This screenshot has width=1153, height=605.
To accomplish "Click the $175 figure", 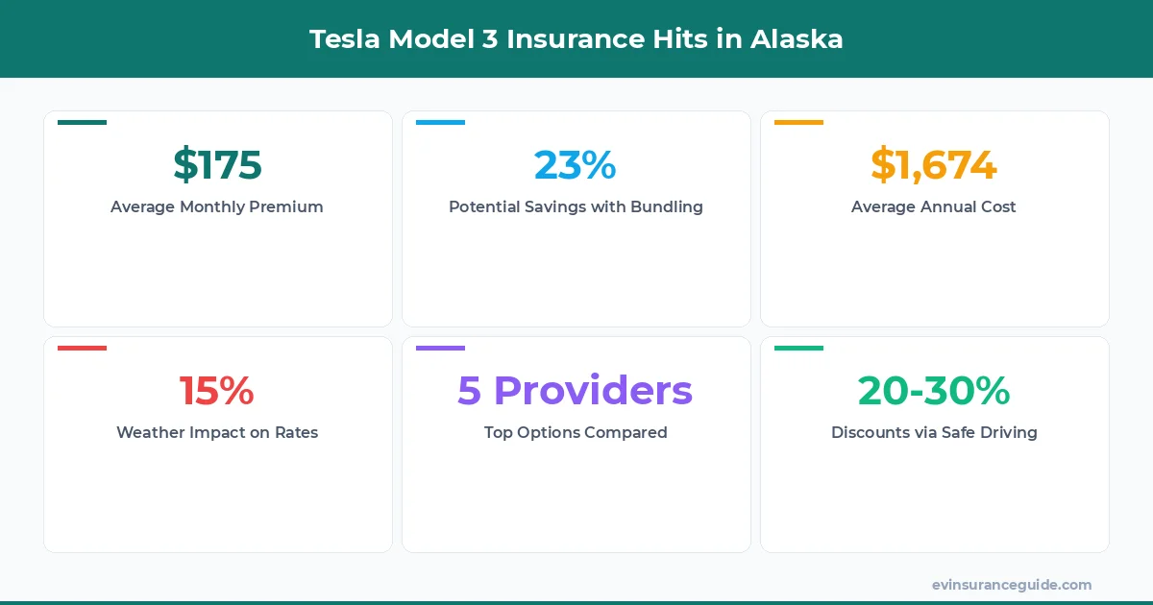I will pyautogui.click(x=217, y=165).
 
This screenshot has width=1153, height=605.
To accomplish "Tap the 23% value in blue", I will pyautogui.click(x=575, y=165).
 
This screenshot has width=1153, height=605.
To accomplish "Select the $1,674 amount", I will pyautogui.click(x=933, y=165).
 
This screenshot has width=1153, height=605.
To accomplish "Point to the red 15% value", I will pyautogui.click(x=217, y=391).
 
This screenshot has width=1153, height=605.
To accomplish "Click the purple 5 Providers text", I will pyautogui.click(x=575, y=391).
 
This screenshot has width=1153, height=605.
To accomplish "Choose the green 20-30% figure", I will pyautogui.click(x=933, y=391).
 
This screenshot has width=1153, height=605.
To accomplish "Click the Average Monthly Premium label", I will pyautogui.click(x=217, y=206).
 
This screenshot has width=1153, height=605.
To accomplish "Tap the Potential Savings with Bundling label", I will pyautogui.click(x=576, y=206).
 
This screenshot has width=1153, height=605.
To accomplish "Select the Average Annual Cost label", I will pyautogui.click(x=933, y=206).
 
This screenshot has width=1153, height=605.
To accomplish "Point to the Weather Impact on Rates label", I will pyautogui.click(x=217, y=432).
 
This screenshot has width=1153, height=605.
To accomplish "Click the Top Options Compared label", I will pyautogui.click(x=576, y=432).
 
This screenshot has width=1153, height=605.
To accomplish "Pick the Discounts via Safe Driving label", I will pyautogui.click(x=933, y=432).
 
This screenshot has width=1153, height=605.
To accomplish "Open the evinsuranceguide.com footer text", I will pyautogui.click(x=1011, y=584).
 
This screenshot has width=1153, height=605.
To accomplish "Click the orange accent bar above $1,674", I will pyautogui.click(x=798, y=123).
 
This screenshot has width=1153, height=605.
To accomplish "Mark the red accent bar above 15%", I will pyautogui.click(x=82, y=349).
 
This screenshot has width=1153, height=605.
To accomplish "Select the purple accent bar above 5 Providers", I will pyautogui.click(x=440, y=349).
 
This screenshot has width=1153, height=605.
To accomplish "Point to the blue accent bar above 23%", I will pyautogui.click(x=440, y=123).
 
